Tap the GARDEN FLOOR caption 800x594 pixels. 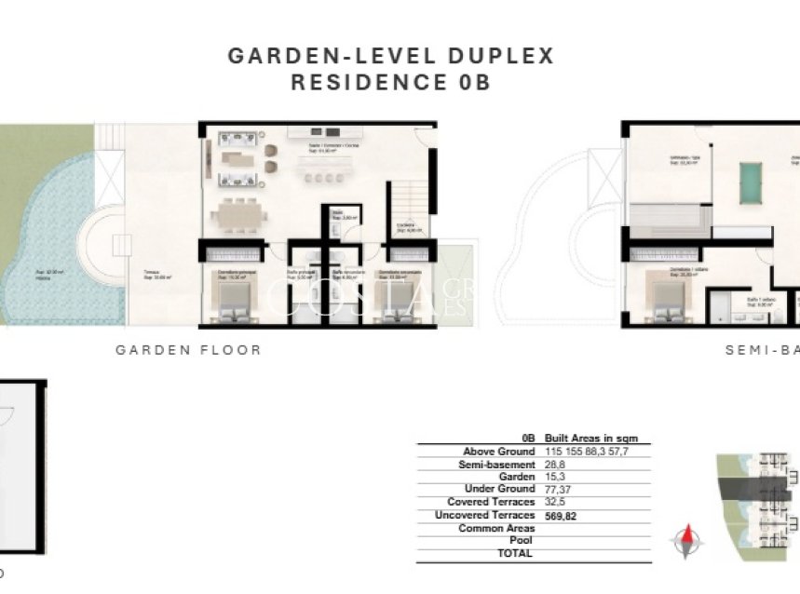[x=188, y=350]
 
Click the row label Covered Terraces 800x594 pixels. [x=491, y=502]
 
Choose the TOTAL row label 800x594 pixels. [x=516, y=553]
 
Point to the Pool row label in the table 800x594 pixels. [x=522, y=540]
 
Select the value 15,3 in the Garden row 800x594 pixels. [x=556, y=477]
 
